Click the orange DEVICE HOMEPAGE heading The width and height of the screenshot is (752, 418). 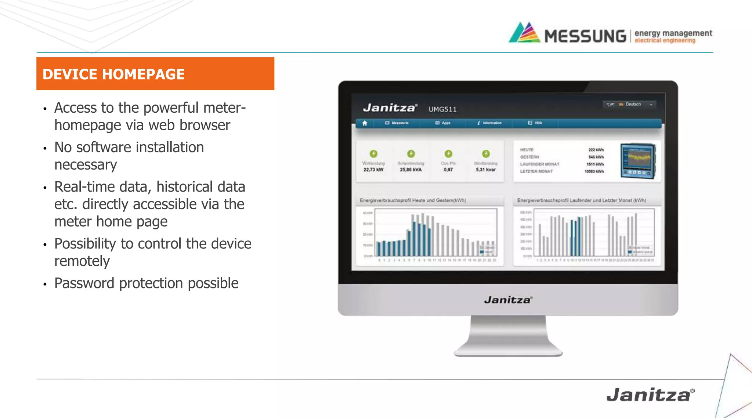[113, 74]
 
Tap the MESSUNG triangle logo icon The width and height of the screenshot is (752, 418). [525, 33]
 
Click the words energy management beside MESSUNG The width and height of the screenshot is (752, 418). [673, 33]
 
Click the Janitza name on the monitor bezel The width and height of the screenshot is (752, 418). [508, 300]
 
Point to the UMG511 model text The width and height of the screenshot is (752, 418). [442, 109]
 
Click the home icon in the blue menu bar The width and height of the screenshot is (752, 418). [365, 123]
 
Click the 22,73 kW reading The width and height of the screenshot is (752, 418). [373, 170]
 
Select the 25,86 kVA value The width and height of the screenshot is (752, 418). [411, 170]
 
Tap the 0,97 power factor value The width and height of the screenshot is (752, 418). [448, 170]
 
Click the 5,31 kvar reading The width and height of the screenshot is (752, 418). [486, 170]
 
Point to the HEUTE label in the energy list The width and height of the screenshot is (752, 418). [527, 150]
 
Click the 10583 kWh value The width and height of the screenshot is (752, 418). [594, 171]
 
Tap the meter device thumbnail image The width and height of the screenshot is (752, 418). [638, 161]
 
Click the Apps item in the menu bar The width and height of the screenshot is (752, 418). [444, 123]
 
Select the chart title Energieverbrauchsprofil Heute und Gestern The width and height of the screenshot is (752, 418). [413, 200]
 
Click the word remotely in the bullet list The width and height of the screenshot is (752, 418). [82, 261]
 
